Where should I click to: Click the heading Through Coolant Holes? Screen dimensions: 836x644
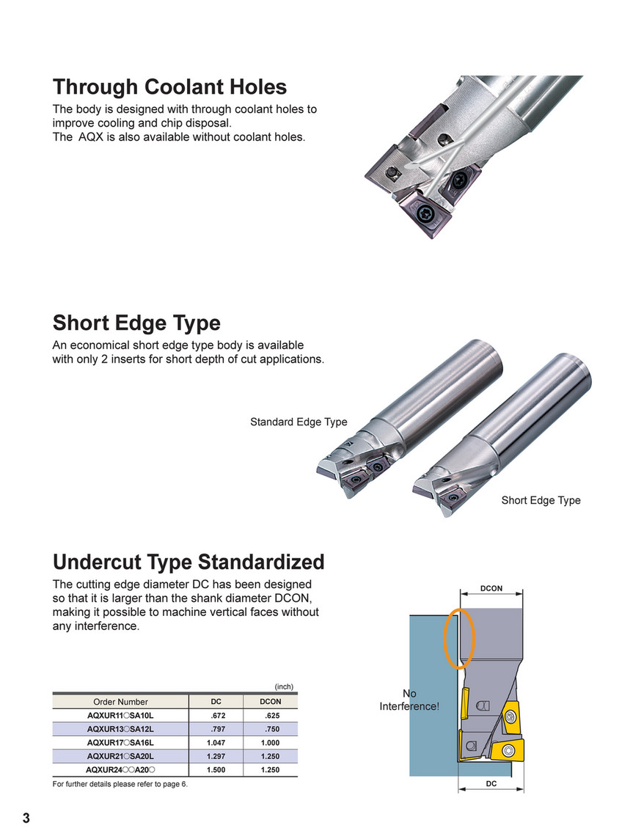(x=169, y=87)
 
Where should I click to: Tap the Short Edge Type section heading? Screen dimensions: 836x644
(x=136, y=323)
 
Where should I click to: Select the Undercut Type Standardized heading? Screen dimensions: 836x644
(x=189, y=562)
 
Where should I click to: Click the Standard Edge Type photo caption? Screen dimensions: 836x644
(x=299, y=422)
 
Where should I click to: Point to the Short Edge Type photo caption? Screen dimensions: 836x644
(x=541, y=500)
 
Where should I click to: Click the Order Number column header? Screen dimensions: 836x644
(x=120, y=702)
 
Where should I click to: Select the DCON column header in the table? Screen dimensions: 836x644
(x=271, y=702)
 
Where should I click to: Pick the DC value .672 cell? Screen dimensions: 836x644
(x=216, y=716)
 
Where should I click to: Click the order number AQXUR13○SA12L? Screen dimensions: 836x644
(x=120, y=729)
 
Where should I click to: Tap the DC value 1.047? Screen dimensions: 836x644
(x=216, y=743)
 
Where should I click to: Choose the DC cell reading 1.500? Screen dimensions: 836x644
(x=216, y=770)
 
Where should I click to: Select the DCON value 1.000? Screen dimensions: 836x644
(x=270, y=743)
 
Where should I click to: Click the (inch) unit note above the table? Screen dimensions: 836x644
(x=284, y=687)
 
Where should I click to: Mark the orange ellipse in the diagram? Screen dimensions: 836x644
(x=460, y=639)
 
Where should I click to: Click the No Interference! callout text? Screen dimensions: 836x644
(x=409, y=700)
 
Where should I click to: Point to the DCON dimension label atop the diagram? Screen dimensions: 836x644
(x=491, y=589)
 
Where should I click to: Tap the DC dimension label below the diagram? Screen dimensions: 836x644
(x=491, y=784)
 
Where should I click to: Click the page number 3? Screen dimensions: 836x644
(x=26, y=818)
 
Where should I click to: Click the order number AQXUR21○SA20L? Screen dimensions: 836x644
(x=120, y=756)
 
